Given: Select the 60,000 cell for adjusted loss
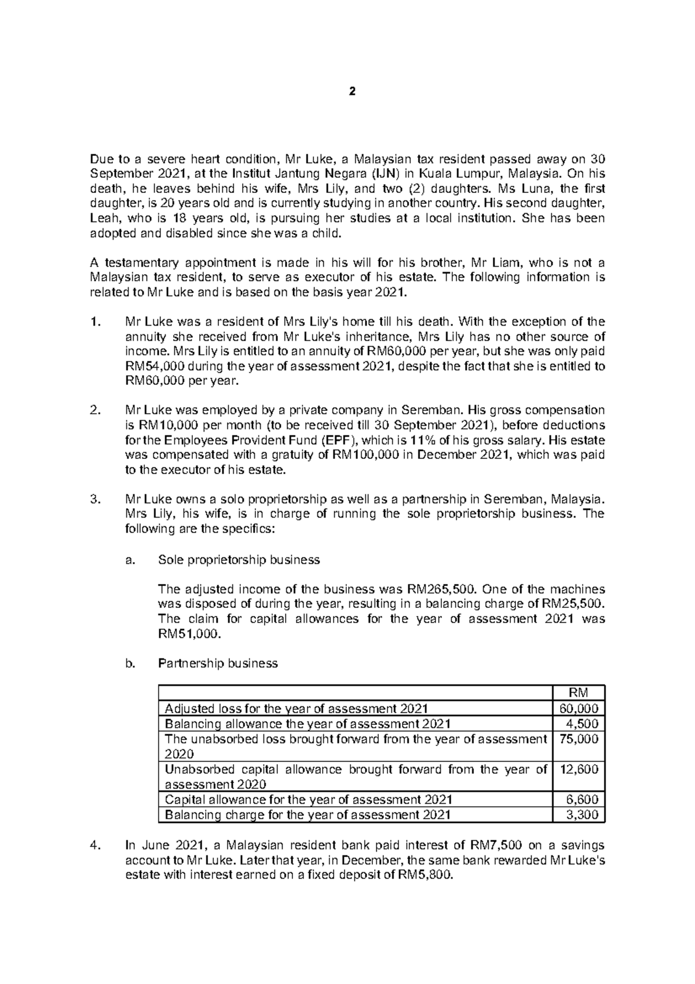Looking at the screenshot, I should click(x=579, y=708).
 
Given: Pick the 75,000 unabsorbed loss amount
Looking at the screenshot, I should click(x=579, y=739).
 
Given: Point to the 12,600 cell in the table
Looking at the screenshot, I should click(x=579, y=769).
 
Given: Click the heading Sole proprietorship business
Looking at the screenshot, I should click(x=239, y=560).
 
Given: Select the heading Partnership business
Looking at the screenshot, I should click(x=218, y=663).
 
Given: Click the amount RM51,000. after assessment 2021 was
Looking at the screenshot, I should click(x=189, y=634).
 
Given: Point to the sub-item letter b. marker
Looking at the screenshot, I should click(x=130, y=663).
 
